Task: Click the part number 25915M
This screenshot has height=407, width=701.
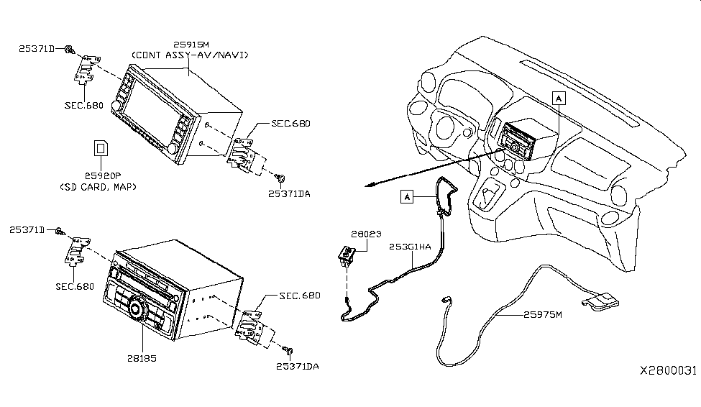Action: (191, 45)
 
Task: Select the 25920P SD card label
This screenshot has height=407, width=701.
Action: (103, 175)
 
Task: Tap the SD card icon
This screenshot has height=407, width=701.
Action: (101, 148)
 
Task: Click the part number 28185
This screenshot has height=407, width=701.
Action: (142, 358)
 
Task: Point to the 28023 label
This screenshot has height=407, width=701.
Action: (366, 234)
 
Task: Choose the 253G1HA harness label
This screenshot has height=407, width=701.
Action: (410, 247)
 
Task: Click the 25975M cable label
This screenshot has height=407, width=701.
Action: (543, 314)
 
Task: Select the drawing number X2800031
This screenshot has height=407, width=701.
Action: (668, 370)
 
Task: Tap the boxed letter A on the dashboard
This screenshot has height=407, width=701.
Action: (559, 98)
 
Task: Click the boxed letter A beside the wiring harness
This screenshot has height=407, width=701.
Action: (407, 196)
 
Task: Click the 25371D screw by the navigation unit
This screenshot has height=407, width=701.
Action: (69, 49)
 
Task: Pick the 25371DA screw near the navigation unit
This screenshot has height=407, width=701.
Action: (280, 178)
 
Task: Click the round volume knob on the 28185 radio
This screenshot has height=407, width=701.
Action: (135, 309)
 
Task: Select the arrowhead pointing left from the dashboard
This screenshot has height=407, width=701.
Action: (370, 186)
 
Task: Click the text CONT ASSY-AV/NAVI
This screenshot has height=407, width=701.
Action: (190, 55)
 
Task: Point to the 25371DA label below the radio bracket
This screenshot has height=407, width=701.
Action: (298, 366)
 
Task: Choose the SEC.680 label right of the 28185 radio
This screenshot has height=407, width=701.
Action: (300, 296)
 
